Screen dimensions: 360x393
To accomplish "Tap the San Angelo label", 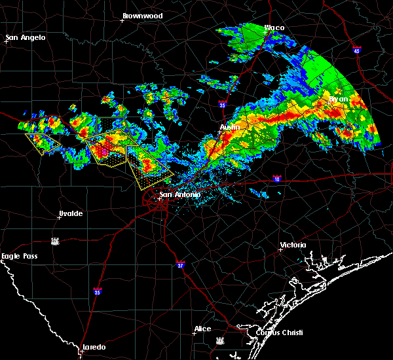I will (x=27, y=37).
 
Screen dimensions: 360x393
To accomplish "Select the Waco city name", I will (x=274, y=27).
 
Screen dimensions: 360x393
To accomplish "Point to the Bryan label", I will (x=339, y=99).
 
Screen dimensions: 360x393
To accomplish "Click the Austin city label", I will (x=229, y=127).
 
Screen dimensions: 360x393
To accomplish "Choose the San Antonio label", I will (x=179, y=194).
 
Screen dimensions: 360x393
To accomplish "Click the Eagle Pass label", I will (x=20, y=256).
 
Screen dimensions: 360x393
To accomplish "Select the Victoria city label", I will (x=293, y=245).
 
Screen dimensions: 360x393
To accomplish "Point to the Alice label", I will (x=203, y=328).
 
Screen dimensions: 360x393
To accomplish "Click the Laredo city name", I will (x=93, y=347).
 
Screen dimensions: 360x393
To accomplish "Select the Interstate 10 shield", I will (x=277, y=178).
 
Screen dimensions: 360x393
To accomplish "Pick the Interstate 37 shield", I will (x=181, y=264).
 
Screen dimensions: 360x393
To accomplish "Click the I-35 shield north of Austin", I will (x=223, y=103).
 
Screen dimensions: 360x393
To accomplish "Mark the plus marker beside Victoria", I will (x=280, y=249).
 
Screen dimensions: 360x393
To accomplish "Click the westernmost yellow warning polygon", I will (x=43, y=141).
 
